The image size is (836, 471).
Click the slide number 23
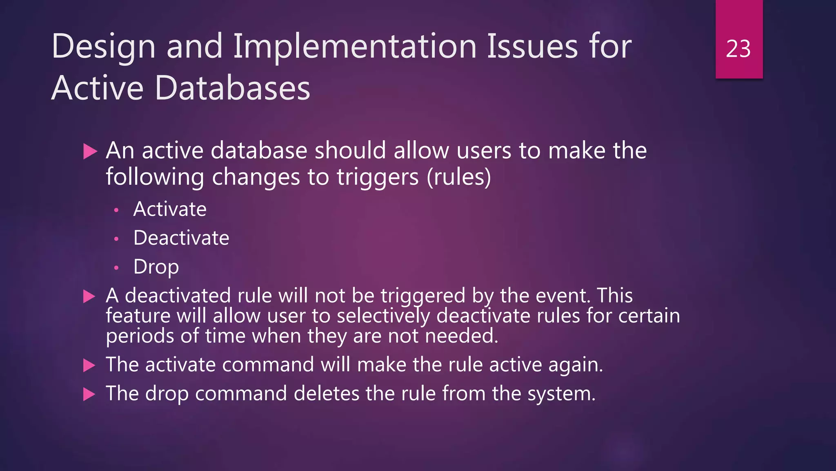pyautogui.click(x=738, y=49)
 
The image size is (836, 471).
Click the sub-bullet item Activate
pyautogui.click(x=170, y=209)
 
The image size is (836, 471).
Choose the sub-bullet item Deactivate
pyautogui.click(x=181, y=238)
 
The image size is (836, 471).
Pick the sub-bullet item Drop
pyautogui.click(x=156, y=267)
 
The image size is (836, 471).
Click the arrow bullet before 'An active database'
pyautogui.click(x=90, y=151)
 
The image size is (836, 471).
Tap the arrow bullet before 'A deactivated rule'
pyautogui.click(x=89, y=296)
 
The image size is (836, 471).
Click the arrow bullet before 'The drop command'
pyautogui.click(x=89, y=395)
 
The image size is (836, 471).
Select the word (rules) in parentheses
pyautogui.click(x=459, y=177)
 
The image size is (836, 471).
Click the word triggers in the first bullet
pyautogui.click(x=378, y=177)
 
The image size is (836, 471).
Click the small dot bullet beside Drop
pyautogui.click(x=116, y=268)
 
